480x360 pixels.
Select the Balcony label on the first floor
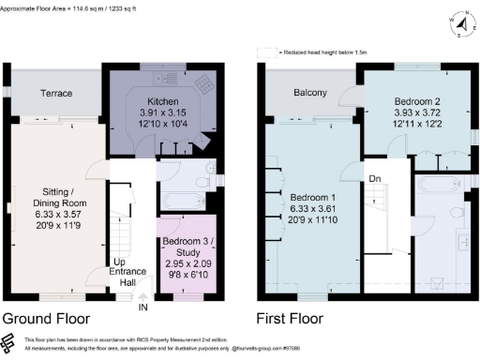[310, 93]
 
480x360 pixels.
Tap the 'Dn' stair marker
[374, 179]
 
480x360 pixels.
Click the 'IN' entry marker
[143, 306]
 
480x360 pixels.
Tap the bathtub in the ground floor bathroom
[182, 200]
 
